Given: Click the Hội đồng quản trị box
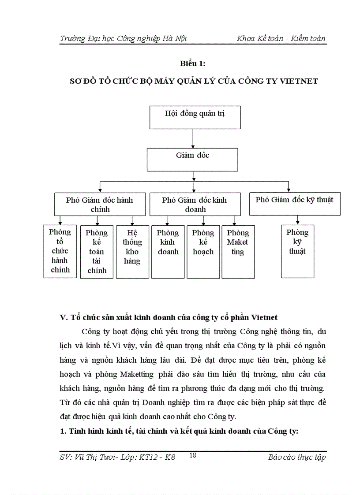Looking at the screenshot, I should click(195, 117).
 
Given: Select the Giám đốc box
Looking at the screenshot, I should click(192, 159).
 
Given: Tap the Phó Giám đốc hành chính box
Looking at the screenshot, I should click(100, 204).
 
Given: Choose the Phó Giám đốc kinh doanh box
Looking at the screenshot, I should click(195, 204).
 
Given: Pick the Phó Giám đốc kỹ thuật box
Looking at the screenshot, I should click(294, 203).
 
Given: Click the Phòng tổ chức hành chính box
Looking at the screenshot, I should click(60, 251).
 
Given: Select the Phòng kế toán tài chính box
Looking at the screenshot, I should click(97, 252).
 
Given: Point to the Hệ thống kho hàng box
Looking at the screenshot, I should click(132, 252).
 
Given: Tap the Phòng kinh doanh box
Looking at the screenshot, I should click(168, 252).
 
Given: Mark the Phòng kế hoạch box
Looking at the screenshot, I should click(203, 252).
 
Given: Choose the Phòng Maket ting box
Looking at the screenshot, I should click(238, 252).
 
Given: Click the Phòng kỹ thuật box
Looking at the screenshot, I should click(297, 251).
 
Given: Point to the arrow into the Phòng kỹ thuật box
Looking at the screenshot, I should click(298, 220).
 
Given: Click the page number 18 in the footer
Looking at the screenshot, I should click(192, 456).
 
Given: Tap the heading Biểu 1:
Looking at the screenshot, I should click(193, 64).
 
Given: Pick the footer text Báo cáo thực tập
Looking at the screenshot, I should click(296, 457).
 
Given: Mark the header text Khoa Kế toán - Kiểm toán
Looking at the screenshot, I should click(281, 38).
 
